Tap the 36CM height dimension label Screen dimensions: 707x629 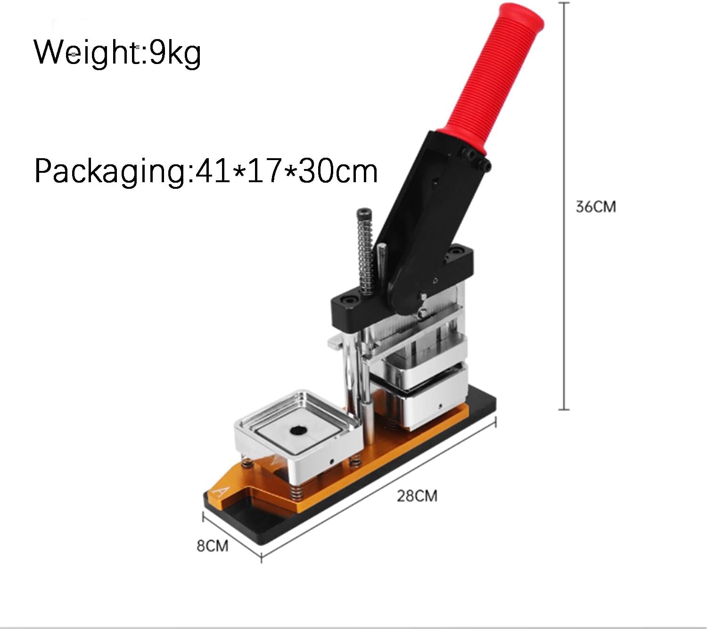coord(596,207)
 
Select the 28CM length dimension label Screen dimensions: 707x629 coord(417,496)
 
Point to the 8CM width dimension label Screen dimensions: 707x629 coord(213,546)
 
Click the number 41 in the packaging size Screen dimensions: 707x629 coord(213,171)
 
